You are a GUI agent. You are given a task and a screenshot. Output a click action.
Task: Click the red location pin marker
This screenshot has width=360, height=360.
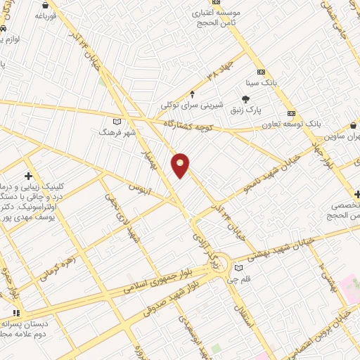[x=181, y=165]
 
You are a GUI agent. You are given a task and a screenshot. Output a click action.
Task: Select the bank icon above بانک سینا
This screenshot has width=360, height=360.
[x=261, y=72]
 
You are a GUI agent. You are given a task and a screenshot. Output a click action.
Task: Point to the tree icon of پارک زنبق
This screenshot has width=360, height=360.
[x=245, y=100]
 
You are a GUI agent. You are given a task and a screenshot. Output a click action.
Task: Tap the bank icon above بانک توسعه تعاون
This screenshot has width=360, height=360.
[x=291, y=113]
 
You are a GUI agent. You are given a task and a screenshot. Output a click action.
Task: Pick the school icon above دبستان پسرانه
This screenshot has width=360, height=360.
[x=16, y=312]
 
